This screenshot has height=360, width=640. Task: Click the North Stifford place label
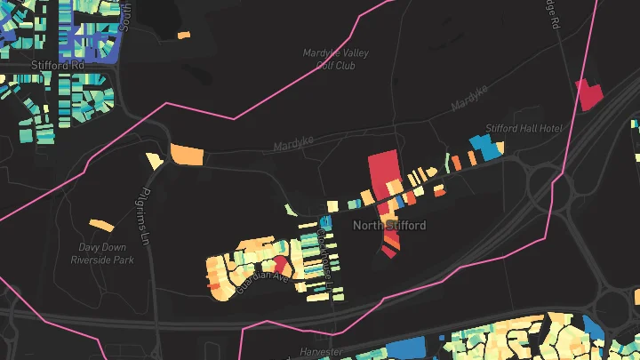tap(389, 226)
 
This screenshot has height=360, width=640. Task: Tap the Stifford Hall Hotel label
tap(524, 129)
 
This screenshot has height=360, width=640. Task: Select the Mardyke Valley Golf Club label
tap(335, 59)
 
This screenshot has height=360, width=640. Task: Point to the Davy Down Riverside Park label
tap(102, 254)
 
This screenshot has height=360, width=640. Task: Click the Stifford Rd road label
tap(56, 66)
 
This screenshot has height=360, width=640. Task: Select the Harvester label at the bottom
tap(319, 353)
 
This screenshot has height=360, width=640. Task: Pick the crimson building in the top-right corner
tap(589, 93)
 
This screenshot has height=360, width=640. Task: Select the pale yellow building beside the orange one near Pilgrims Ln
tap(154, 161)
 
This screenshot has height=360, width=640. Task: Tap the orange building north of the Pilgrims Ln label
tap(187, 154)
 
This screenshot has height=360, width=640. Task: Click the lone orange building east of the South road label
tap(183, 36)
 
